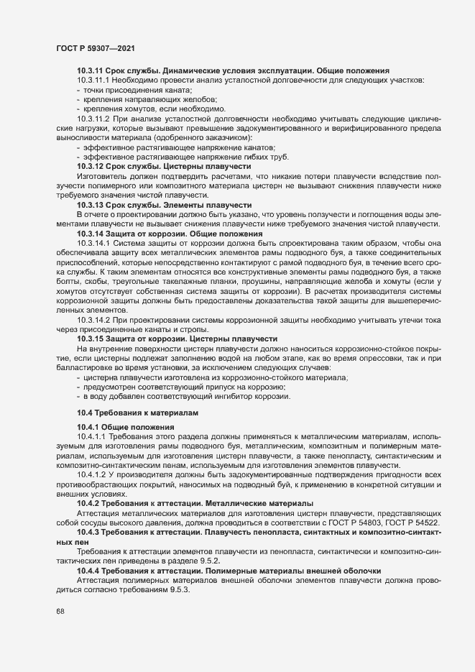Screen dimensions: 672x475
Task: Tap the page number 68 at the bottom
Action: pos(60,612)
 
